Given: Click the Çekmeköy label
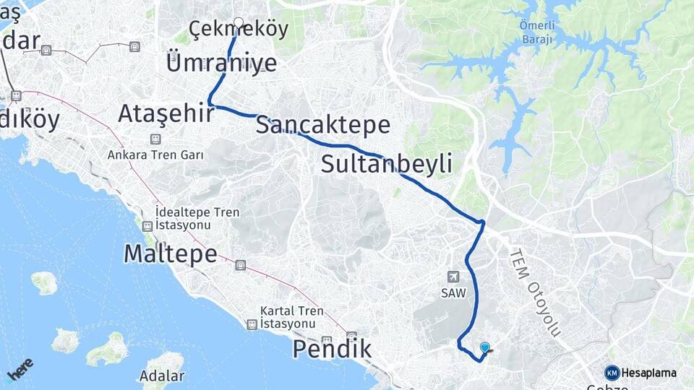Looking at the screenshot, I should coord(239,30).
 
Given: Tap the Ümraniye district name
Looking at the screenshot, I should coord(222,62).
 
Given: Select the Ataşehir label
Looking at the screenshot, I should coord(166,113).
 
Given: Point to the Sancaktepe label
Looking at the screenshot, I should coord(323,125).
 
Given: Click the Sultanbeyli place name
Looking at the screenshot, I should coord(387,164).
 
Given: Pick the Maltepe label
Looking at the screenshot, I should coord(171,253).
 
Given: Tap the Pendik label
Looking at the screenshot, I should coord(332,350).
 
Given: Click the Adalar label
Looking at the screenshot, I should coord(163,376).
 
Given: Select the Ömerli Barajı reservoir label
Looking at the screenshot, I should coord(536,32).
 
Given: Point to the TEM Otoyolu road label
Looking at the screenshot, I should coord(535,292).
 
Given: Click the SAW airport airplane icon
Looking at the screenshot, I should coord(453,276).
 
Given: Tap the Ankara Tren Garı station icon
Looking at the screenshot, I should coord(155,139).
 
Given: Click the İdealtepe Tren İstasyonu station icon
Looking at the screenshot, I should coord(147,225).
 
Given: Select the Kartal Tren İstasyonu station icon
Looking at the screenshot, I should coord(251,324).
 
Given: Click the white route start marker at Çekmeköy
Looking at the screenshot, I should coord(238,22).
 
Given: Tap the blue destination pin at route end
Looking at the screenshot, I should coord(484,347).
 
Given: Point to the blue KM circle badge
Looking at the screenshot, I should coord(612,373).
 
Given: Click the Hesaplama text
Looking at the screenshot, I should coord(648,373).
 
